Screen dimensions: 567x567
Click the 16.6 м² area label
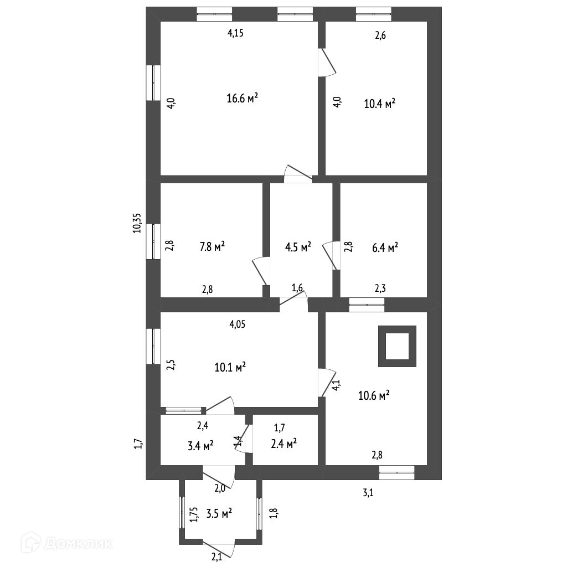[243, 99]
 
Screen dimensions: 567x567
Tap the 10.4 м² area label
[379, 103]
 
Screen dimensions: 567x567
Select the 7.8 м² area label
[212, 246]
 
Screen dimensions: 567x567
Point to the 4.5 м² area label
[298, 247]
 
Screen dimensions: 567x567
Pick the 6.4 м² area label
[385, 248]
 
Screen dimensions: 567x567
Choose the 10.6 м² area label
[374, 395]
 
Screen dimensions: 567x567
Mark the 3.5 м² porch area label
[219, 514]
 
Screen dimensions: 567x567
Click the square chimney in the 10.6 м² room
[397, 346]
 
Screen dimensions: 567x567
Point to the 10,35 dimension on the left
[137, 223]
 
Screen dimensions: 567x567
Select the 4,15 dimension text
[236, 33]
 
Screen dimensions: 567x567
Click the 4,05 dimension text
[238, 324]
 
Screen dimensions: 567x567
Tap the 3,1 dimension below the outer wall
[368, 491]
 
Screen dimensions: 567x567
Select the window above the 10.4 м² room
[373, 14]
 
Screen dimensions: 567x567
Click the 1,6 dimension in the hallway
[297, 287]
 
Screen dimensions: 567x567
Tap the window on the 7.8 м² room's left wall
[153, 241]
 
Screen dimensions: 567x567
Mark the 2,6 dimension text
[380, 36]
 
